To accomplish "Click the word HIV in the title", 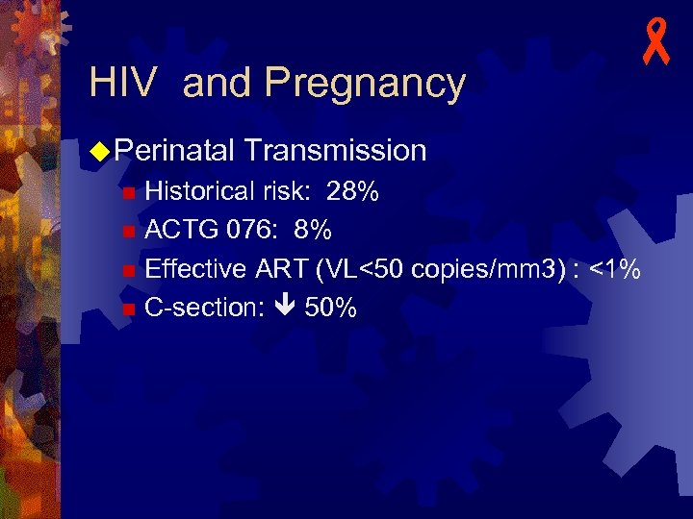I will [121, 84].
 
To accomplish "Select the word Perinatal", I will [174, 150].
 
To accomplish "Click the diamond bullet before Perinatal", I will [98, 150].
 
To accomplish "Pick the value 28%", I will [352, 191].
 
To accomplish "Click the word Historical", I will [199, 191].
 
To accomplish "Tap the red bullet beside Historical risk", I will [129, 192].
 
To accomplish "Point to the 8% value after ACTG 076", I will [313, 231].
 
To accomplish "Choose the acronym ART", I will [279, 269].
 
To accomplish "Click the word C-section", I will [199, 308].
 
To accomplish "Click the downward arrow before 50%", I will [286, 309].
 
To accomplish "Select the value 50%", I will [331, 308].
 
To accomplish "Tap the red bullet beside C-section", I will [129, 309].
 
